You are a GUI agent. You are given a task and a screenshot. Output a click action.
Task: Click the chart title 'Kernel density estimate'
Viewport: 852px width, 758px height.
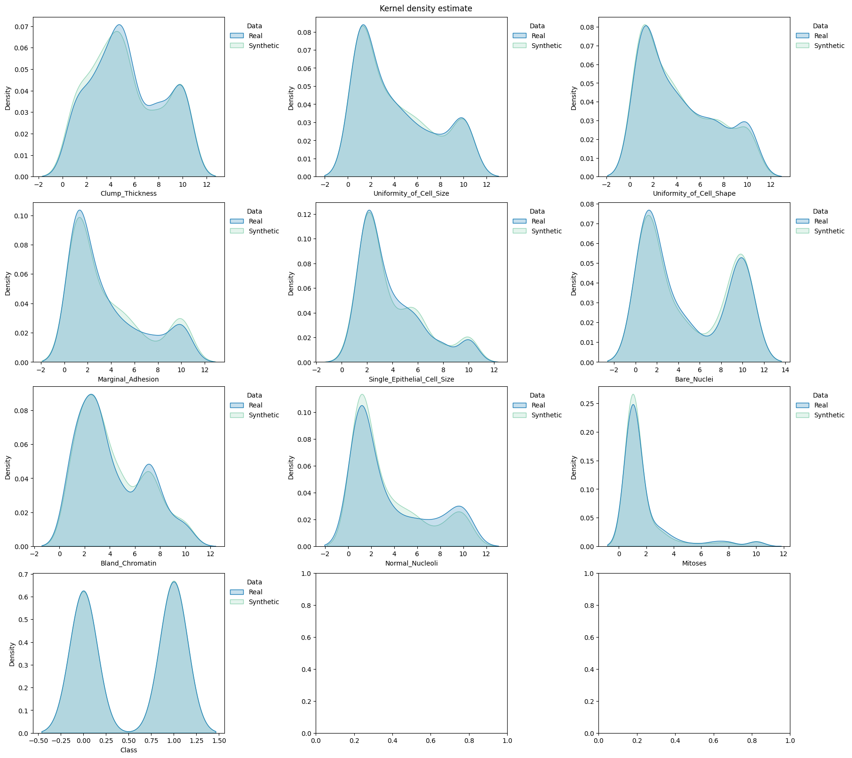[425, 8]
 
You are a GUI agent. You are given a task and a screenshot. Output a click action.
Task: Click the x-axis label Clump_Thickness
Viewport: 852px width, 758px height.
[128, 193]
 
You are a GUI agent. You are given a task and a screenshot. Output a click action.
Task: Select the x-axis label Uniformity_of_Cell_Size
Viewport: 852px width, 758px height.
[411, 193]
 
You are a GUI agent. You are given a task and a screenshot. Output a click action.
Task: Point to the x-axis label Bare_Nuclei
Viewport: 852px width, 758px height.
[694, 379]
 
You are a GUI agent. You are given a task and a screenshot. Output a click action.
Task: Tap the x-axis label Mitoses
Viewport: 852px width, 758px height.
[694, 563]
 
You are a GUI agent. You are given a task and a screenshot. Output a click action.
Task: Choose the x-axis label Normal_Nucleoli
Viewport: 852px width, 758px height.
[411, 563]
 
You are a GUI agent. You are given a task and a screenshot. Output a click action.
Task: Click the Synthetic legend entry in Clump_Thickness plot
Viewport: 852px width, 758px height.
[263, 46]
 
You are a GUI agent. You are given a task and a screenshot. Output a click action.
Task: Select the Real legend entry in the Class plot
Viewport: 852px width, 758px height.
[255, 592]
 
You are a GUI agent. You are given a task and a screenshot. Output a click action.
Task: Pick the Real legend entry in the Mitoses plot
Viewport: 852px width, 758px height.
[821, 405]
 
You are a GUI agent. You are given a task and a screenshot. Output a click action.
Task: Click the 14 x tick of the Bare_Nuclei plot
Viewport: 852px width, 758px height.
[785, 370]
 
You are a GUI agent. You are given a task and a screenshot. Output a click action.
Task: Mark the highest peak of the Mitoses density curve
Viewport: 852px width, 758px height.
[633, 395]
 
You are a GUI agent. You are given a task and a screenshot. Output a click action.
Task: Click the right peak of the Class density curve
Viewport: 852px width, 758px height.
[174, 582]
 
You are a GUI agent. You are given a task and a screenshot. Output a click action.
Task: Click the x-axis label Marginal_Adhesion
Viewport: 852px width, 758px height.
[128, 379]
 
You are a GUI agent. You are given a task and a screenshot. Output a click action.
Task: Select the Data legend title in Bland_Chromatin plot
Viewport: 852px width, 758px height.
[255, 395]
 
